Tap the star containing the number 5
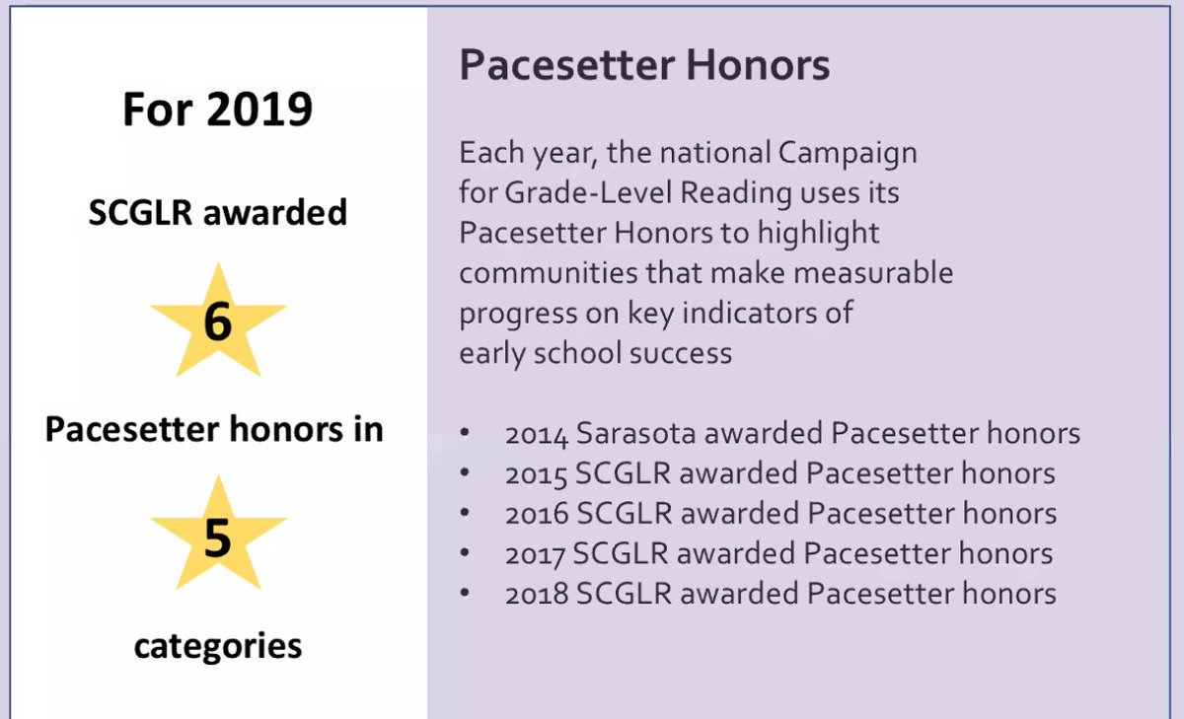[x=218, y=539]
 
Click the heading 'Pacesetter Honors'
[x=644, y=66]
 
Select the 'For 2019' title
[x=218, y=109]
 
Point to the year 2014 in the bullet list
[x=537, y=434]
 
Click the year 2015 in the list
[x=537, y=474]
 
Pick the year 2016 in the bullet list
[x=538, y=514]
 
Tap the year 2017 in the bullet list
[x=537, y=554]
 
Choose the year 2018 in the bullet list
[x=538, y=594]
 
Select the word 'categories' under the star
[x=218, y=646]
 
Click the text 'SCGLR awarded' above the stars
[x=218, y=213]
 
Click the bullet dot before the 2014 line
[x=465, y=434]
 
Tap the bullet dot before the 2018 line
[x=465, y=594]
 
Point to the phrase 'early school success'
[x=595, y=353]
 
